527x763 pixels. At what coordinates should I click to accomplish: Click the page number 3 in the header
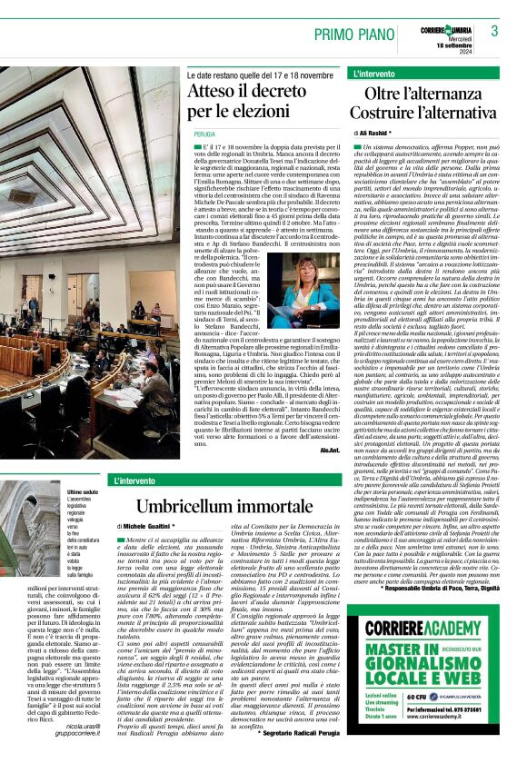pyautogui.click(x=494, y=31)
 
